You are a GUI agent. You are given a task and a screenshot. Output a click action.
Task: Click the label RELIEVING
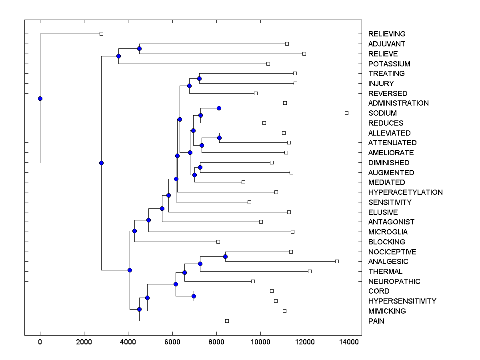coord(387,34)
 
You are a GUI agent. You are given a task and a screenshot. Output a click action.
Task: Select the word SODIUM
coord(382,113)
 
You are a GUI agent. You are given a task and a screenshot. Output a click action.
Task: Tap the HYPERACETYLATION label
coord(405,192)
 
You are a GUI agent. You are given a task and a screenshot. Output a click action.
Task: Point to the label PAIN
coord(376,321)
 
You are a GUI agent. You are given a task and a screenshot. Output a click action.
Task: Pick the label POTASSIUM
coord(389,64)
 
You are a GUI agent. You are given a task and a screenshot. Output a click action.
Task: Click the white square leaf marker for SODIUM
coord(346,113)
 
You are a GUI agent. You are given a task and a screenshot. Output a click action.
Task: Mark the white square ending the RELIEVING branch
coord(101,34)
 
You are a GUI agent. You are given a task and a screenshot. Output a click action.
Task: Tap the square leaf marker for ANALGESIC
coord(337,261)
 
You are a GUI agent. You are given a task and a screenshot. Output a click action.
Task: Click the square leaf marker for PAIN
coord(227,321)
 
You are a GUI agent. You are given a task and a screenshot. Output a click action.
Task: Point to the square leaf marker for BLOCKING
coord(218,242)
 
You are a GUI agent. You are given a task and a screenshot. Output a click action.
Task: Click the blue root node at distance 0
coord(40,98)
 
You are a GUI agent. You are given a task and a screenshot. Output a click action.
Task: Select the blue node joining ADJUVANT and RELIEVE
coord(139,49)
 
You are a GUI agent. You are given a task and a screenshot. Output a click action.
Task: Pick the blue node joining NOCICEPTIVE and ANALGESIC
coord(225,256)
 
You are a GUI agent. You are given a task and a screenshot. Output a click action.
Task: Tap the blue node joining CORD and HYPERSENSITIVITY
coord(194,296)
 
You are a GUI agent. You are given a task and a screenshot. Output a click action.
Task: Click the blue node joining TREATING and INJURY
coord(199,78)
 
